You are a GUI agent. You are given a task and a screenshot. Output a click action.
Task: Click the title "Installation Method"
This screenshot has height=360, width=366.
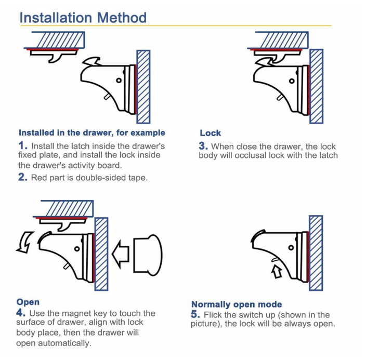coord(83,18)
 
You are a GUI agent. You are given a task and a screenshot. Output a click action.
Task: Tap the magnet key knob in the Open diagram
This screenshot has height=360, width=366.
coord(148,256)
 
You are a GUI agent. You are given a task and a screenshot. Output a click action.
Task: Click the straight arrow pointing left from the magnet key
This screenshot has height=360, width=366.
coord(121,254)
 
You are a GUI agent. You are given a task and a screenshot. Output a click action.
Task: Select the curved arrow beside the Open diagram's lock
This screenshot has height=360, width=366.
coord(25,243)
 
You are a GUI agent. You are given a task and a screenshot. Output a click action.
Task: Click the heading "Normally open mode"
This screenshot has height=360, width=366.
coord(237,304)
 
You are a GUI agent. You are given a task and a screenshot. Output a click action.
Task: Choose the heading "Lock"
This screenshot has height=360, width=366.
coord(211,133)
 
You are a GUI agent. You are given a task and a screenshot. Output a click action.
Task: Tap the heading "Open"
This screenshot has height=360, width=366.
coord(28,302)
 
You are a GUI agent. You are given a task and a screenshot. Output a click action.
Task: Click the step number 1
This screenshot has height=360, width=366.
coord(23,145)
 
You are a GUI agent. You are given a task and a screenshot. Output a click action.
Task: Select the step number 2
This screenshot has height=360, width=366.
coord(23,177)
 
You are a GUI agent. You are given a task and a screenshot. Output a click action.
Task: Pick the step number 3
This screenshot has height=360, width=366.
coord(203,146)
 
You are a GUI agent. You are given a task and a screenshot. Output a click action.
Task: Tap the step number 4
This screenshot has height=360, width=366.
coord(21,313)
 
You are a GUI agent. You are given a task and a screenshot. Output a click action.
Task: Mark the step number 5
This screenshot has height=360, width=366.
coord(195,314)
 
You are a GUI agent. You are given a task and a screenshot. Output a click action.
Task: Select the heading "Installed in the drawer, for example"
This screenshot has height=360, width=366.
coord(92,133)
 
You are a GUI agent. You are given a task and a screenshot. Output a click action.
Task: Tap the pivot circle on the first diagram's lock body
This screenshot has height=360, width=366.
coord(119,81)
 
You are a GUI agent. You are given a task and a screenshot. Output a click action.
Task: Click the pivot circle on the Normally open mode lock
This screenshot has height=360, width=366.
coord(291,248)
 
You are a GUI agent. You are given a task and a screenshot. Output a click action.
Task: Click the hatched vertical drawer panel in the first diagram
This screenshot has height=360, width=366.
coord(143,87)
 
